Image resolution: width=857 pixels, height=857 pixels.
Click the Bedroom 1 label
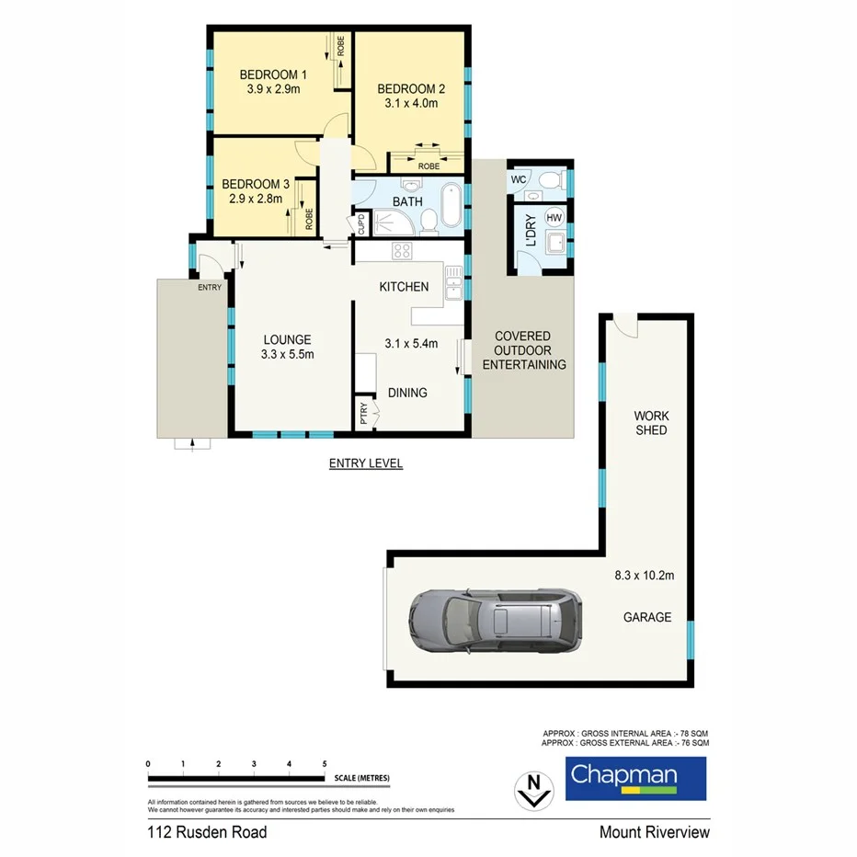[x=273, y=74]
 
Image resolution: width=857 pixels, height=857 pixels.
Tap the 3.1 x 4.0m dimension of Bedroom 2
[x=411, y=104]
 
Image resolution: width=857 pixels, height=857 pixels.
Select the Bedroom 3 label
[x=256, y=184]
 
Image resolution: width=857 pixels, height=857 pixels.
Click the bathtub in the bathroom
[x=451, y=206]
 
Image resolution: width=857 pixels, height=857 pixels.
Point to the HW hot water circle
[x=554, y=217]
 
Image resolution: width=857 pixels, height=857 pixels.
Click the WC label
[x=519, y=179]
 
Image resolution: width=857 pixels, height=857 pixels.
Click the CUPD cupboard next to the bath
[x=361, y=223]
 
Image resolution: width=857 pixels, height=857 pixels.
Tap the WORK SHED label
[x=650, y=423]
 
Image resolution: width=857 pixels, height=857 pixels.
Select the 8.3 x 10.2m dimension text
[x=645, y=577]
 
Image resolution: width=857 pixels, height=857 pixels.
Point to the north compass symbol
[x=531, y=787]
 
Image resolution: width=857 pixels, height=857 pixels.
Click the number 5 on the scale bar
[x=325, y=764]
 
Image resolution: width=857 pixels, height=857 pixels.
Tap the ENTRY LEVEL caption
[x=366, y=463]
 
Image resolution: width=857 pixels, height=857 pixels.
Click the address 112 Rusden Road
[x=207, y=832]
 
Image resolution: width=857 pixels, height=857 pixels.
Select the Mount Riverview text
[x=654, y=832]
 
